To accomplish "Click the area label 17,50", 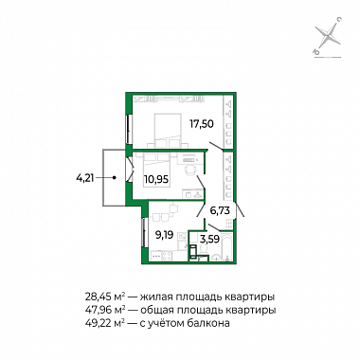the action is click(202, 123).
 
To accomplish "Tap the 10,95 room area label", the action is click(156, 179).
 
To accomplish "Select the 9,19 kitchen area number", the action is click(164, 235).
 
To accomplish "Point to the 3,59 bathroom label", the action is click(208, 239).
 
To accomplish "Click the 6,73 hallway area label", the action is click(219, 210).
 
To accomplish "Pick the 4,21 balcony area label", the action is click(85, 179).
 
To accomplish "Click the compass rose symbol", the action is click(329, 36).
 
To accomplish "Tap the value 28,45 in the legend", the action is click(98, 297).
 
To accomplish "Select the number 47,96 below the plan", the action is click(98, 311).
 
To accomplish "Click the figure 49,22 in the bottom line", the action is click(98, 323).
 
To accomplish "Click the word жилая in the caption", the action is click(155, 297).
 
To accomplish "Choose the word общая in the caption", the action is click(156, 311).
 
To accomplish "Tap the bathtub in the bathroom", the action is click(226, 247).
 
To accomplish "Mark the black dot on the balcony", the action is click(115, 178).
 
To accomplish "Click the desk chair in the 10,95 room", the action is click(190, 170).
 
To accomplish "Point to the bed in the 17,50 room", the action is click(168, 130).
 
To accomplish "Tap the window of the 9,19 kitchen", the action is click(144, 232).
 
